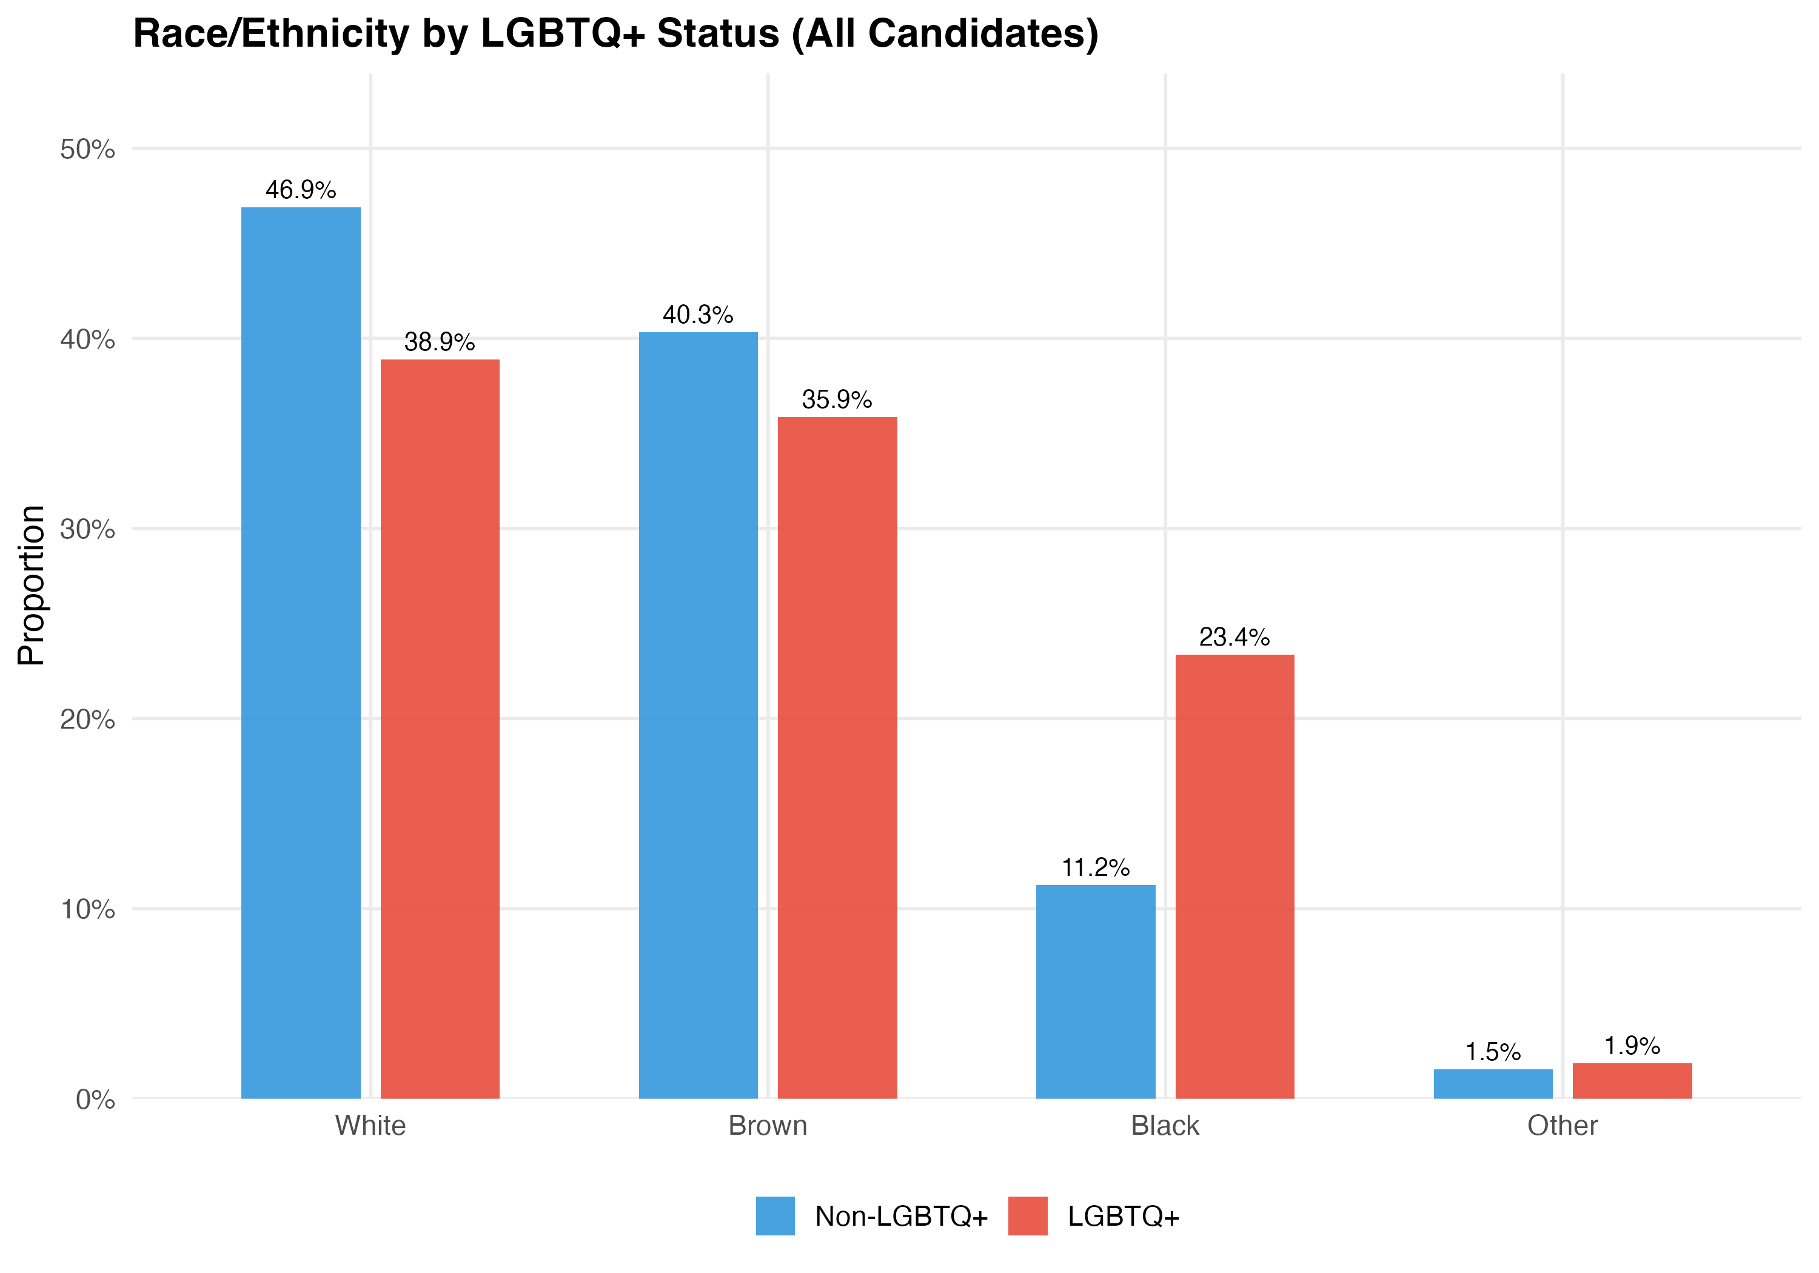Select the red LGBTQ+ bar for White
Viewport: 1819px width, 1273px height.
point(440,729)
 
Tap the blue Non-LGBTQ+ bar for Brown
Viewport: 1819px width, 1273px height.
point(698,715)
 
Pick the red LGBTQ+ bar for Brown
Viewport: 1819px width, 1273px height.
point(837,757)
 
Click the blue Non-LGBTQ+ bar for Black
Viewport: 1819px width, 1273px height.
point(1096,991)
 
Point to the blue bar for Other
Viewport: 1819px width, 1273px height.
point(1493,1084)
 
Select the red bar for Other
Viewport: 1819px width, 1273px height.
point(1632,1080)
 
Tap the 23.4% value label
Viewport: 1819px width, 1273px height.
point(1234,637)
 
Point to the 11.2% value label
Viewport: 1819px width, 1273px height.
point(1096,867)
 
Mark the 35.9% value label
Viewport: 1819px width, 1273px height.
point(837,399)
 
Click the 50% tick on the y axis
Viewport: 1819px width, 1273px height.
point(87,149)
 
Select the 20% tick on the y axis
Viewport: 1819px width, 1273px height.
point(87,720)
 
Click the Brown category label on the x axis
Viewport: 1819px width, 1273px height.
point(768,1126)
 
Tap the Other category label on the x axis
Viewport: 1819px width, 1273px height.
point(1563,1126)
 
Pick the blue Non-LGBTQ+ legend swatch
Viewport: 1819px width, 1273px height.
point(775,1216)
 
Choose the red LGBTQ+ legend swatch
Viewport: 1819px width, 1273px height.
point(1028,1216)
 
